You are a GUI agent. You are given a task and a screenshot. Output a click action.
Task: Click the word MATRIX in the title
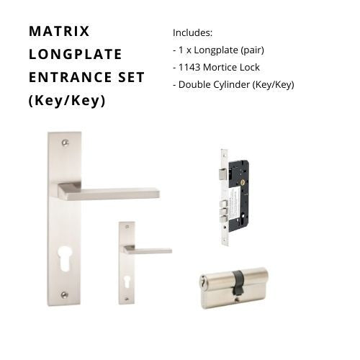59,31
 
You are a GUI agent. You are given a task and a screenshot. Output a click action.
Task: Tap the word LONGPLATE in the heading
76,54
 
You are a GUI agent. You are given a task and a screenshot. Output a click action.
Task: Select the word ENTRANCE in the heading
71,77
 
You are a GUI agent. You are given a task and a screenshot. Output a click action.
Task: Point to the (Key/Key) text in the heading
67,100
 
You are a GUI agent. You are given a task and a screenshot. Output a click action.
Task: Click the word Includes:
192,33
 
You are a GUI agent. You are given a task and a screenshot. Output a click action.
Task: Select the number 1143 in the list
189,68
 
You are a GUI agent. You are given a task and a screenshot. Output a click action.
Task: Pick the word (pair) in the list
252,50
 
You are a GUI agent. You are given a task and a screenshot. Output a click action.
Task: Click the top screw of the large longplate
65,143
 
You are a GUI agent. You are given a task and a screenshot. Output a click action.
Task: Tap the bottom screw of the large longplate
64,294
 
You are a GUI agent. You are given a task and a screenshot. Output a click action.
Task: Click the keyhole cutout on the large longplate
64,260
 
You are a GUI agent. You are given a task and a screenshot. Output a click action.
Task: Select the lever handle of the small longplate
148,250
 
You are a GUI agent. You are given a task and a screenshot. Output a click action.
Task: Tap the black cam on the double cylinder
238,282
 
